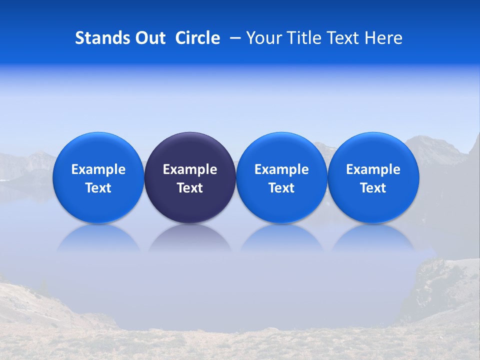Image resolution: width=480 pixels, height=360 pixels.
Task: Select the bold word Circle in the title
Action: pos(197,38)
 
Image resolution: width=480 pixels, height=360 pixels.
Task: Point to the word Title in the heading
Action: pos(301,38)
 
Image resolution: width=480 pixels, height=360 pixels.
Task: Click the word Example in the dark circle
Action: pos(190,169)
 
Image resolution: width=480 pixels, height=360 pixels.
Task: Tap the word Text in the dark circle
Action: pos(190,188)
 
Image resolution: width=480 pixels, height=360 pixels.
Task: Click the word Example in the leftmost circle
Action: pos(98,169)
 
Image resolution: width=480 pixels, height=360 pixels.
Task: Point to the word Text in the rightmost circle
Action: pos(373,188)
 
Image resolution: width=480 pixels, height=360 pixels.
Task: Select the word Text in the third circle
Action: pos(281,188)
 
